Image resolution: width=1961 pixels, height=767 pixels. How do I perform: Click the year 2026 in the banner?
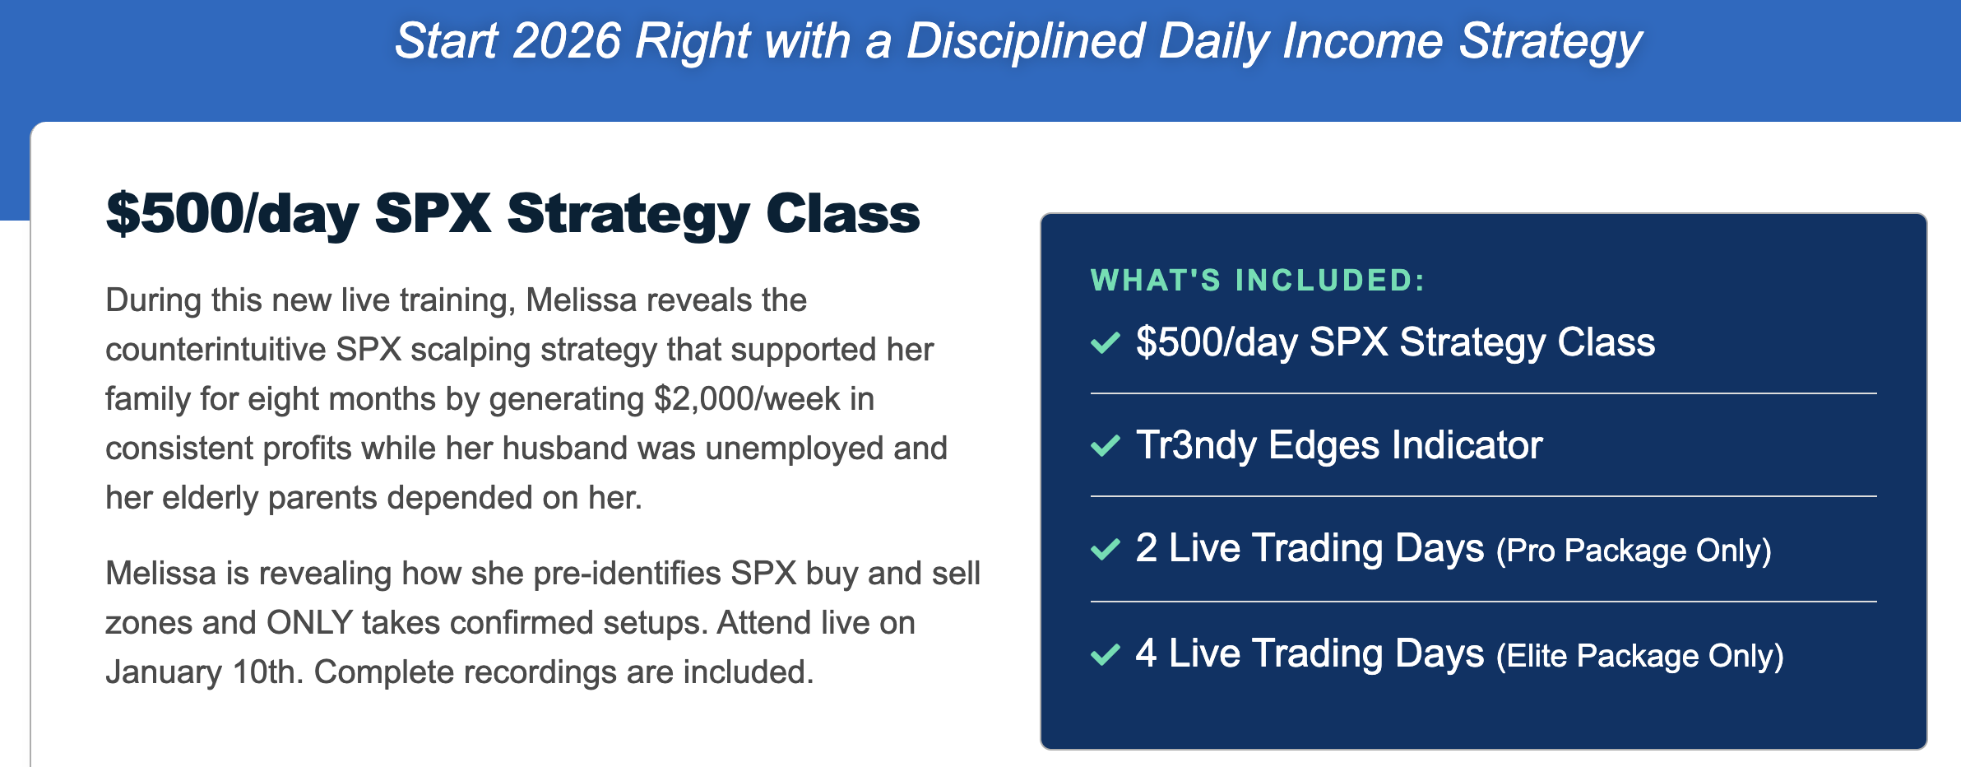(567, 40)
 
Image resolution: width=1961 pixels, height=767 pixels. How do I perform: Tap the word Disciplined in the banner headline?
(1026, 42)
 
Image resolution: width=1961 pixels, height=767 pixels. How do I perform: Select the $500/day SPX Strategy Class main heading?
(512, 215)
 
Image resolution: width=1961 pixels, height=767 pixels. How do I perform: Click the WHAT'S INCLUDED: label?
(1258, 281)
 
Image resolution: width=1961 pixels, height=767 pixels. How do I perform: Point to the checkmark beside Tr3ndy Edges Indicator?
(1106, 445)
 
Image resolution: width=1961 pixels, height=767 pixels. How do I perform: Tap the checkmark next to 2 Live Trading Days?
(1106, 548)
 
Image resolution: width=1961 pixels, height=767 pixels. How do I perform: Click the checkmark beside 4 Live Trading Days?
(1106, 654)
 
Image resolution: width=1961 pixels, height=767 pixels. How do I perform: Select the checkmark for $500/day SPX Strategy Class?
(1106, 342)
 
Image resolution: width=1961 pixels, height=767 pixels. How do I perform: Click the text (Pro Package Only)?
(1634, 551)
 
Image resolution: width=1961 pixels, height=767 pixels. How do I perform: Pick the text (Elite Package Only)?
(1640, 656)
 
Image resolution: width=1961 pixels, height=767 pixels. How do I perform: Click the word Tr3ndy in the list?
(1197, 446)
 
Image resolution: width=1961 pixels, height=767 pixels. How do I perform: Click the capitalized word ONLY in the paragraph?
(309, 623)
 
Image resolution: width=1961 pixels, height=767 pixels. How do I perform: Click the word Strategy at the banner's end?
(1551, 42)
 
